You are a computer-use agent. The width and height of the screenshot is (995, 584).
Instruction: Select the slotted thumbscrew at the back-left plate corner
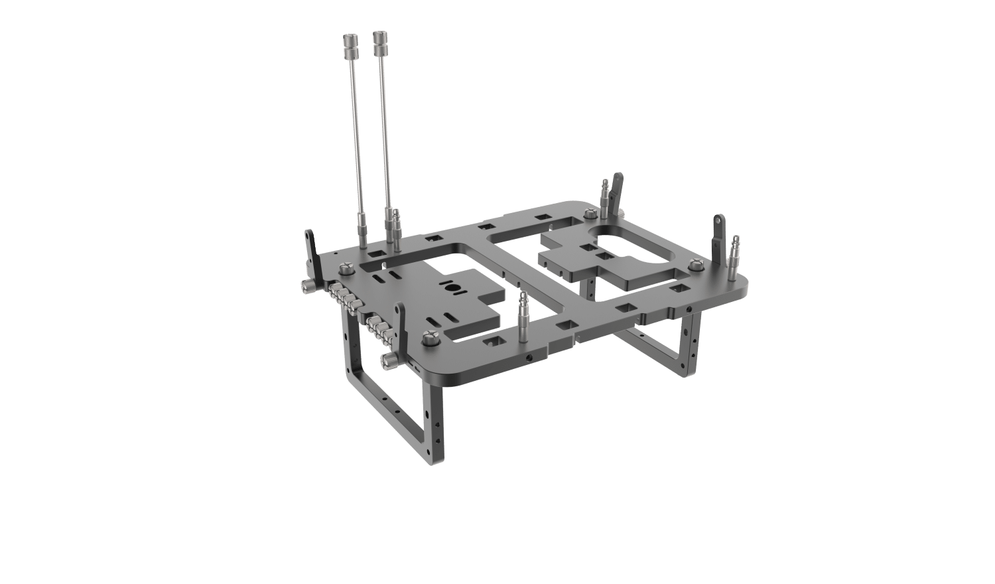[346, 269]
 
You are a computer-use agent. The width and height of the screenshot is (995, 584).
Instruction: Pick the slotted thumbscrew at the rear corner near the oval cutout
[589, 214]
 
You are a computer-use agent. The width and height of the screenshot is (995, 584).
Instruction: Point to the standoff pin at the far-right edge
[735, 256]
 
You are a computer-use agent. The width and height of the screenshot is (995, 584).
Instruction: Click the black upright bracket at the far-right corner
[718, 236]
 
